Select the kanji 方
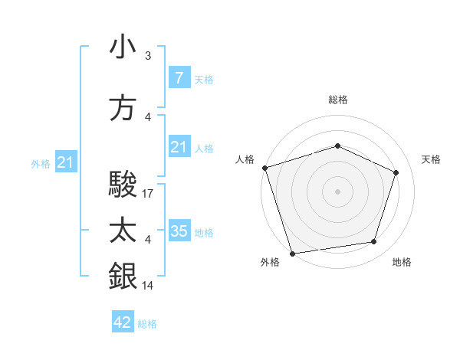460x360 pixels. (x=123, y=108)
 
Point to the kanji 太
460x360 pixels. (x=123, y=231)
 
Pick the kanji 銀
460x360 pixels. (x=123, y=275)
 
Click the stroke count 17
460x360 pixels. (x=149, y=195)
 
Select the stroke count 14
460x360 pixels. (x=149, y=286)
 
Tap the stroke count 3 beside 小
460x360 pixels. (x=148, y=56)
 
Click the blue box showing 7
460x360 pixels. (x=179, y=77)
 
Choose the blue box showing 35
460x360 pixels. (x=179, y=231)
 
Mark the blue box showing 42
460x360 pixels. (x=122, y=322)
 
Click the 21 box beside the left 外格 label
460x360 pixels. (x=65, y=162)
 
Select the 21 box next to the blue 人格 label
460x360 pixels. (x=179, y=147)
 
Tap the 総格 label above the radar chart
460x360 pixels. (x=338, y=100)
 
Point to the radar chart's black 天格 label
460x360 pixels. (x=431, y=159)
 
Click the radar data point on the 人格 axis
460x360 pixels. (x=264, y=168)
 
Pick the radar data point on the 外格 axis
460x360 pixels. (x=292, y=253)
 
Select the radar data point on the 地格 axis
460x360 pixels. (x=374, y=242)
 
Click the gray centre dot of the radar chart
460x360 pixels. (x=338, y=191)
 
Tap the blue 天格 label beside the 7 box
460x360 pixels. (x=204, y=79)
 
